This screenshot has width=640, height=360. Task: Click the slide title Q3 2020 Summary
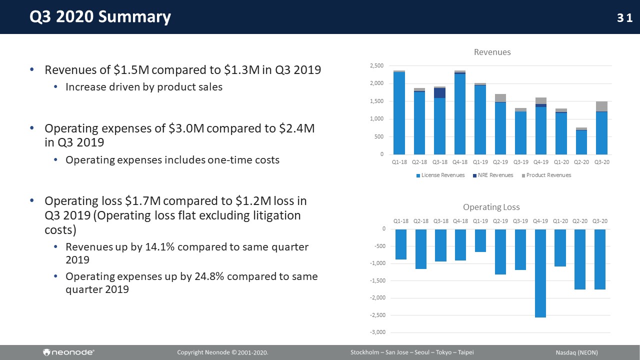[100, 17]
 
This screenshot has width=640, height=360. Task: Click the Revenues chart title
[492, 52]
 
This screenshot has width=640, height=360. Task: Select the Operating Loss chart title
[491, 207]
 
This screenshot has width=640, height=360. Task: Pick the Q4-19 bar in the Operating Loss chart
[540, 273]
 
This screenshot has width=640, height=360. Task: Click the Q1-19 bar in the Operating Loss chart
[480, 240]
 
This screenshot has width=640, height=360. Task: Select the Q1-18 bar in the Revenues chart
[399, 113]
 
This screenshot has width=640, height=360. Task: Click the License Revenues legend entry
[440, 175]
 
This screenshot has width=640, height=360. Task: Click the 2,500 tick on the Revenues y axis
[376, 66]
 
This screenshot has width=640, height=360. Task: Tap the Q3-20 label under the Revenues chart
[601, 162]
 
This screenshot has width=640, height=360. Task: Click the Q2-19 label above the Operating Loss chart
[500, 221]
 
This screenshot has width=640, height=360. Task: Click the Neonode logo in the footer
[69, 352]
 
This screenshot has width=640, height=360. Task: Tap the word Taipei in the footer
[464, 352]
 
